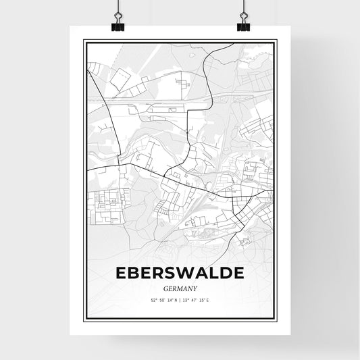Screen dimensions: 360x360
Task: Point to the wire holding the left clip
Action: (117, 8)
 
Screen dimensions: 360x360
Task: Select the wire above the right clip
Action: (243, 8)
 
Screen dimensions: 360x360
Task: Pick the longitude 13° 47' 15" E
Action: (197, 300)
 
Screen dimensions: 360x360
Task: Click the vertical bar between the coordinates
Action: (180, 300)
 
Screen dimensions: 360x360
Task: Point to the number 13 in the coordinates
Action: (186, 300)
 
